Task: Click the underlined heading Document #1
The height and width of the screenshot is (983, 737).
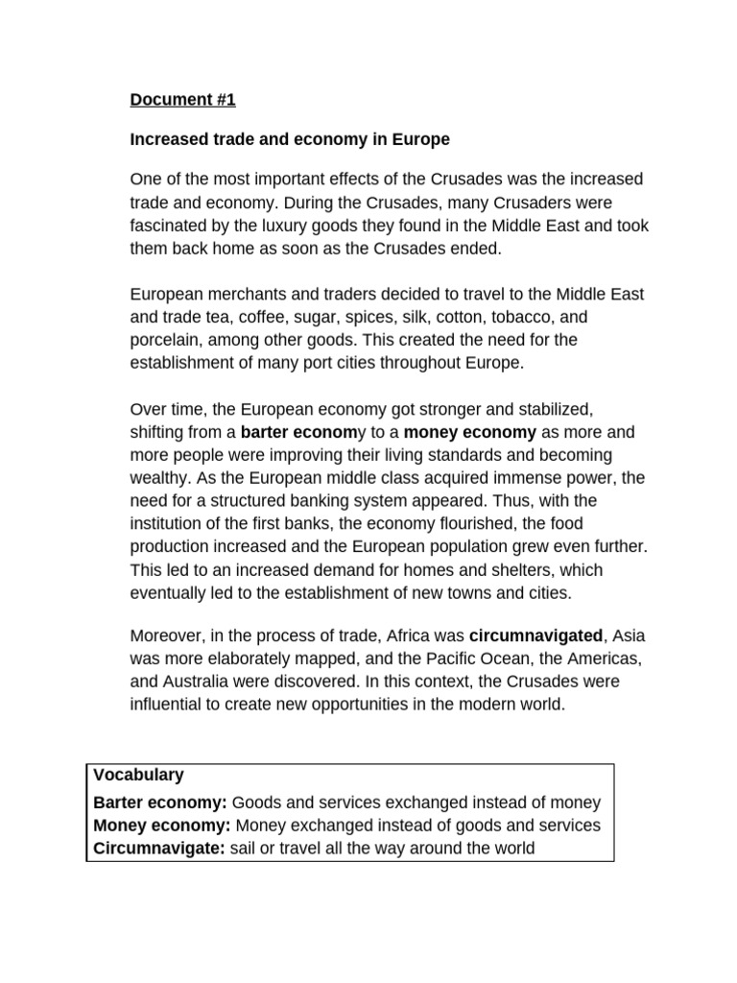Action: [x=182, y=100]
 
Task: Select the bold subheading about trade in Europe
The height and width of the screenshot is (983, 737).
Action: [x=290, y=140]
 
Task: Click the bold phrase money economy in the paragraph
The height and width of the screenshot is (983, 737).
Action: [x=471, y=432]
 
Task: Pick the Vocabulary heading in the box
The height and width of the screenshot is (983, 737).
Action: [x=138, y=775]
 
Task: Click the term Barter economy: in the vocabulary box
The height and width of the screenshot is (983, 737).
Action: [x=160, y=803]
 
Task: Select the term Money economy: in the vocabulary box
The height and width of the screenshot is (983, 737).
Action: [x=162, y=826]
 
